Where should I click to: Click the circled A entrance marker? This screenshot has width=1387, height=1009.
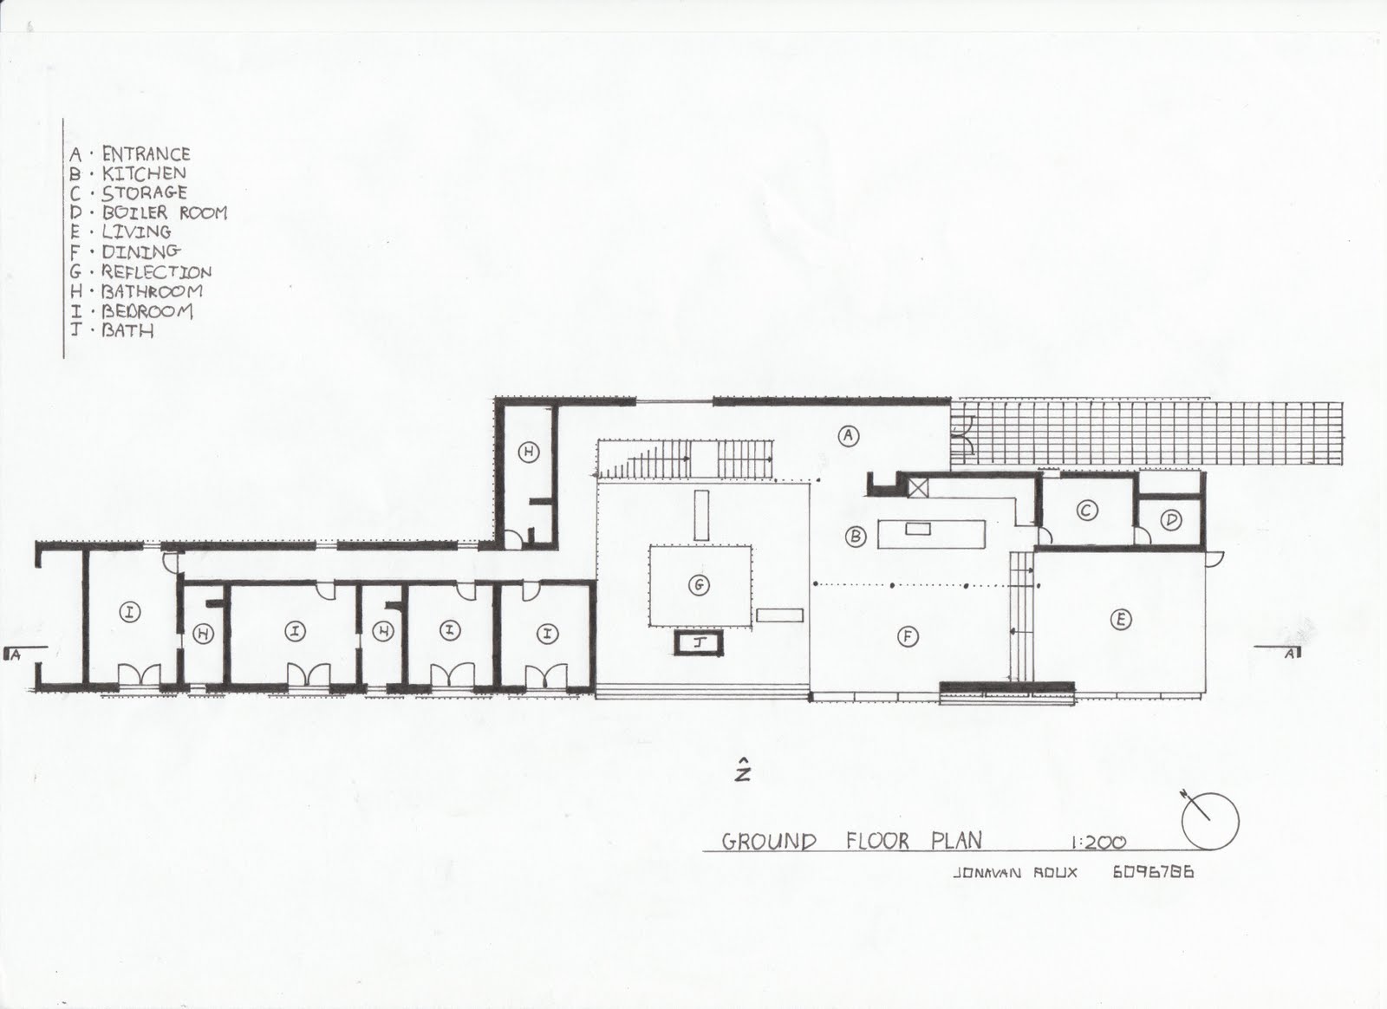pos(849,436)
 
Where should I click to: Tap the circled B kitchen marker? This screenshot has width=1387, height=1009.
pos(856,537)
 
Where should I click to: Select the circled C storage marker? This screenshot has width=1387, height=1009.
pos(1086,511)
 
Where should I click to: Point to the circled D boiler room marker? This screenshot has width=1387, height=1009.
pos(1172,520)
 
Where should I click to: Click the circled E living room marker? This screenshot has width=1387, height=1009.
pos(1121,619)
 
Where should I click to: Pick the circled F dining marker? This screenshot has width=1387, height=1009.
pos(908,637)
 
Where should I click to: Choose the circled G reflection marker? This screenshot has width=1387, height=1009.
pos(699,586)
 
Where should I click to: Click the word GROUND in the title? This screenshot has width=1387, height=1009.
pos(769,841)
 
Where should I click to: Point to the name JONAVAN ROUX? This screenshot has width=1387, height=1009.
pos(1014,872)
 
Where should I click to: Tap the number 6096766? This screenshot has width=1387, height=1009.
pos(1152,872)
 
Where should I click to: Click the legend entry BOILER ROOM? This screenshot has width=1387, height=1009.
pos(164,212)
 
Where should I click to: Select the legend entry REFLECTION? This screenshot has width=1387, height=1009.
pos(156,271)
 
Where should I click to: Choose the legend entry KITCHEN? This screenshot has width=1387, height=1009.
pos(144,173)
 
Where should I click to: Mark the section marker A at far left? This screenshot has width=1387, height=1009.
pos(14,654)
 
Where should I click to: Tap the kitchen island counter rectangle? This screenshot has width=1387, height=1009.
pos(933,532)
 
